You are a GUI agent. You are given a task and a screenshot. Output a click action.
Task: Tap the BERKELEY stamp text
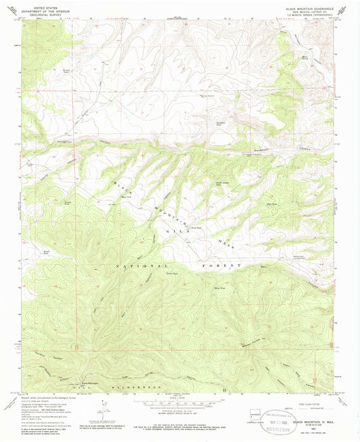coord(276,428)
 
